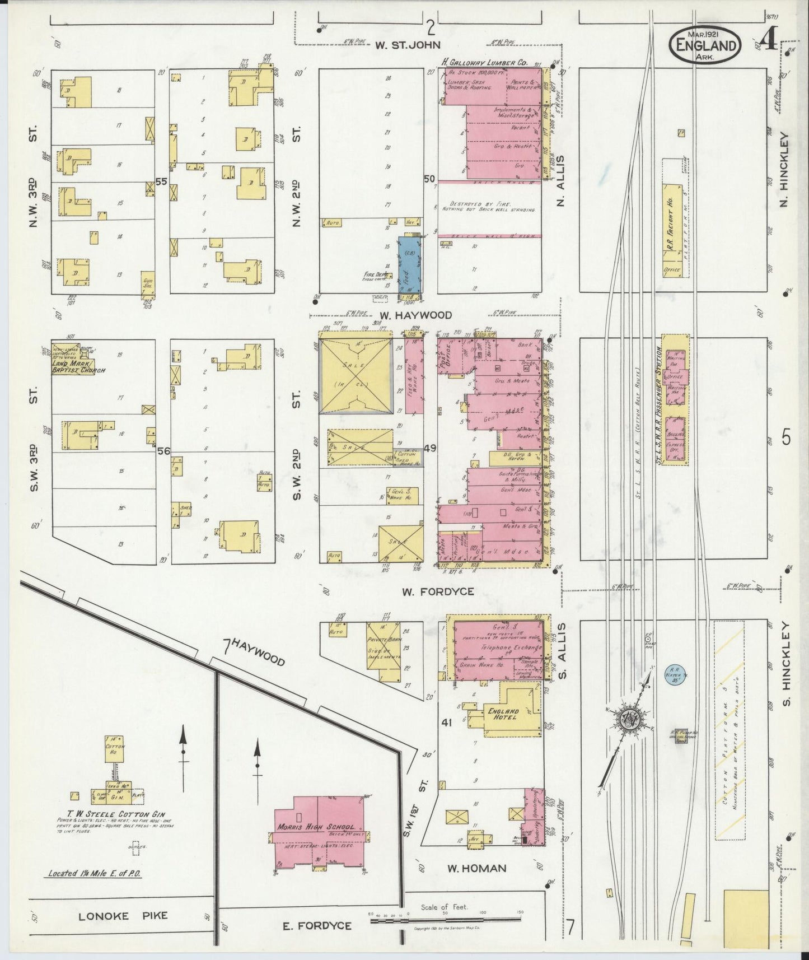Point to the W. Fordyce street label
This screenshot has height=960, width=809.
438,591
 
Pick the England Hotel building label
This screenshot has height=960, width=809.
504,715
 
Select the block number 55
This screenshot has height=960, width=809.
162,181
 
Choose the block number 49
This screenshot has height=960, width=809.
430,448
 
